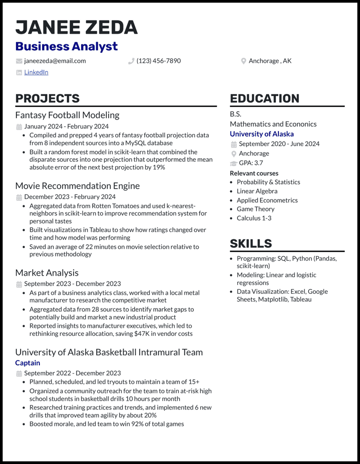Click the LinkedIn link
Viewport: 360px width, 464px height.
click(x=36, y=72)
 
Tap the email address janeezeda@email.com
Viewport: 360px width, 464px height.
click(x=55, y=61)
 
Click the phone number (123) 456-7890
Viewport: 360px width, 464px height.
click(x=158, y=61)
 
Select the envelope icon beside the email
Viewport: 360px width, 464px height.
click(x=19, y=61)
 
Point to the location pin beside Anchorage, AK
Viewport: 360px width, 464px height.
click(x=243, y=61)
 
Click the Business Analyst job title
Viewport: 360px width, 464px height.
click(x=67, y=46)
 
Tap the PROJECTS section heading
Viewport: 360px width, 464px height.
click(x=47, y=98)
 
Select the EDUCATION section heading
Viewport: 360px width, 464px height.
click(x=265, y=98)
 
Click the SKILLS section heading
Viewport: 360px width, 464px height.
click(x=251, y=243)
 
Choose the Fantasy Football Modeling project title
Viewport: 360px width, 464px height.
click(x=67, y=115)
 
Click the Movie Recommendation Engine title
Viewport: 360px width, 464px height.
click(x=78, y=186)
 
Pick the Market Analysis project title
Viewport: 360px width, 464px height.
click(x=47, y=273)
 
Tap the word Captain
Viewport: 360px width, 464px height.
click(x=27, y=363)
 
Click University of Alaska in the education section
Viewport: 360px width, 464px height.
click(x=262, y=134)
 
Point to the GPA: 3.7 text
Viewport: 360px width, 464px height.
click(x=251, y=163)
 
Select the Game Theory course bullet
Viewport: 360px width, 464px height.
click(x=255, y=209)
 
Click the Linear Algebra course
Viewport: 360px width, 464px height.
click(x=257, y=191)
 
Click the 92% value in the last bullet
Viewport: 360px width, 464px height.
click(x=134, y=424)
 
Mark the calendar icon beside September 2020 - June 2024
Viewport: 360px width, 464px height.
click(x=234, y=144)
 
